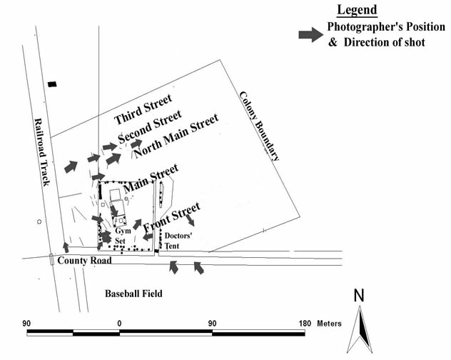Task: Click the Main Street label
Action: [x=150, y=178]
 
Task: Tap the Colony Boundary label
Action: [x=260, y=126]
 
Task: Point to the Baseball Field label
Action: [x=133, y=294]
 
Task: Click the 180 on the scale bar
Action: [x=304, y=324]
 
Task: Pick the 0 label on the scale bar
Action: [x=119, y=324]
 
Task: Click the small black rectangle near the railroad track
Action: [x=51, y=85]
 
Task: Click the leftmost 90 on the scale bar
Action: [x=28, y=324]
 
